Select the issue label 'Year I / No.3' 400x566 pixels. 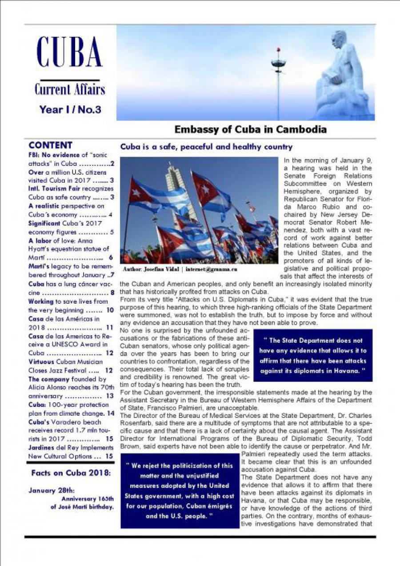(x=70, y=109)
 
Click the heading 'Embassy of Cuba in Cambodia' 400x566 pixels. (x=250, y=130)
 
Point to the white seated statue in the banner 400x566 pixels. (x=342, y=73)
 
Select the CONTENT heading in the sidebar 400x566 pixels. (x=50, y=145)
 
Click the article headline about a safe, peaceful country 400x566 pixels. (x=206, y=147)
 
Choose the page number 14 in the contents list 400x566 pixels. (x=111, y=413)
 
